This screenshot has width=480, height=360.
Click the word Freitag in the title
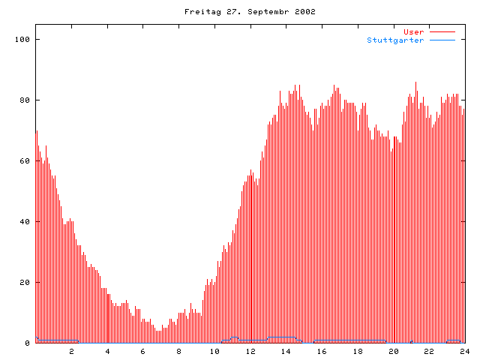pos(199,12)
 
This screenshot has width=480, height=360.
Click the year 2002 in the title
pos(304,12)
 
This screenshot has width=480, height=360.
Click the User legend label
pos(414,31)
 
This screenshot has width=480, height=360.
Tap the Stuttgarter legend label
pos(395,40)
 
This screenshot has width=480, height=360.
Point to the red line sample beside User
pos(442,31)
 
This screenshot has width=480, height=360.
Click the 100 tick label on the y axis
pos(22,39)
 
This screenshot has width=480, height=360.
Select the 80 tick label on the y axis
pos(25,100)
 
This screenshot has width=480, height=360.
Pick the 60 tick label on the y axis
pos(25,160)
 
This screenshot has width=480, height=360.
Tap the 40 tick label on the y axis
pos(25,221)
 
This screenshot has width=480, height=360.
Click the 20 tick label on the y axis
pos(25,282)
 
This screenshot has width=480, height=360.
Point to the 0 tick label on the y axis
pos(27,343)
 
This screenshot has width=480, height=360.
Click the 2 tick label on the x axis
pos(72,351)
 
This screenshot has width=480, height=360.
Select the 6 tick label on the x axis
pos(143,351)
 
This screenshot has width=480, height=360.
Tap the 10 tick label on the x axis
pos(214,351)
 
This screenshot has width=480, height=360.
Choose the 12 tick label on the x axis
pos(250,351)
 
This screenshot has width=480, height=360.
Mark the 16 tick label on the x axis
pos(322,351)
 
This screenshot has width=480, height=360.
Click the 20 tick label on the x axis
pos(393,351)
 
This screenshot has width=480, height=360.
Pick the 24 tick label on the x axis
pos(464,351)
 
